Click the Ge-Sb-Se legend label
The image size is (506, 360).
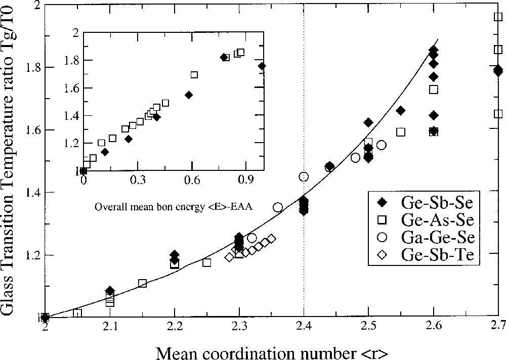[437, 203]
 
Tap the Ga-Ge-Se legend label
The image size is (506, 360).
[437, 237]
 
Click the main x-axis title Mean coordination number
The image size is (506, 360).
[272, 350]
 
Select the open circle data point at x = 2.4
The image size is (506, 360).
[304, 176]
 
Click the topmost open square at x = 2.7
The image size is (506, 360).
[498, 17]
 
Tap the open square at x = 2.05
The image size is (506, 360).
[77, 313]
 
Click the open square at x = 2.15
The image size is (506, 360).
[142, 283]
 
